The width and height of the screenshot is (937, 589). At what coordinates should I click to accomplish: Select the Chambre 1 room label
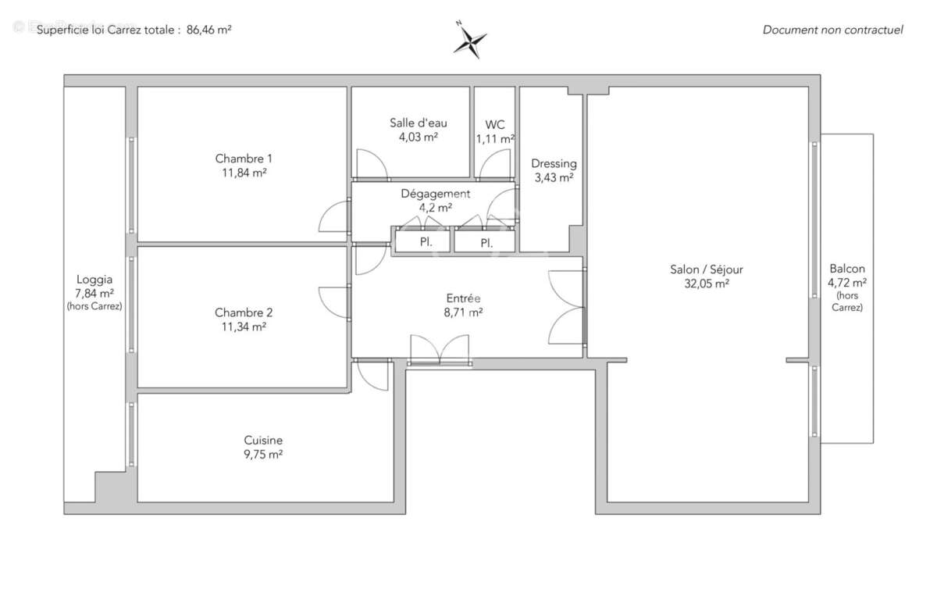[244, 159]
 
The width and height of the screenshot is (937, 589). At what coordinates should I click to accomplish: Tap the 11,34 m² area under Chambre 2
[244, 327]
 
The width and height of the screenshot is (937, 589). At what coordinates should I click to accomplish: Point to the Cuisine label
[262, 440]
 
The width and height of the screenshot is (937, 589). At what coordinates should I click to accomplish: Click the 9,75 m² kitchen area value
[262, 454]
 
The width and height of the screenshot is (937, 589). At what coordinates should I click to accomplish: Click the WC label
[495, 124]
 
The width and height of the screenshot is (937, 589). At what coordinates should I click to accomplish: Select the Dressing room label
[554, 163]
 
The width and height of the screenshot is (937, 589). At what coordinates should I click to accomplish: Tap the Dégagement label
[436, 194]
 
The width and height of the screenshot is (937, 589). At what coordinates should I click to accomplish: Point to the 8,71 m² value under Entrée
[464, 312]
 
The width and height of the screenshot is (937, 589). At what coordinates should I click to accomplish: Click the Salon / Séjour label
[706, 270]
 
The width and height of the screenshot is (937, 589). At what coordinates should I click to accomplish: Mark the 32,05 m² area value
[706, 284]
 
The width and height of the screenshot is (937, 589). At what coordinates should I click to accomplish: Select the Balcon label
[847, 268]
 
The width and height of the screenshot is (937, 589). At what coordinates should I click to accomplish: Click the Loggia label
[94, 279]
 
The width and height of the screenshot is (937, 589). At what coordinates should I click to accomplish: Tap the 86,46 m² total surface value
[208, 30]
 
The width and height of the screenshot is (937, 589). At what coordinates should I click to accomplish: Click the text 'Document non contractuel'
[832, 30]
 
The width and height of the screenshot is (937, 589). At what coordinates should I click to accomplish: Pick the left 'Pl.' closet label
[426, 242]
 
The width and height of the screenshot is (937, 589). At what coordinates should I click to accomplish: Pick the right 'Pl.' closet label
[486, 243]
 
